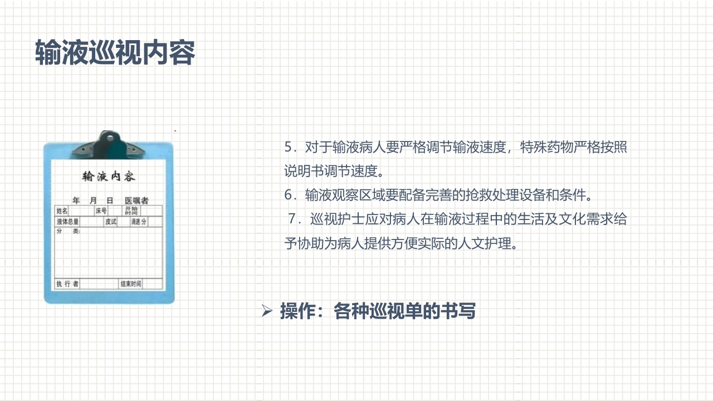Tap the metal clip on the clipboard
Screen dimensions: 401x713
coord(108,143)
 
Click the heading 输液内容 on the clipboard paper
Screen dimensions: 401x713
coord(109,177)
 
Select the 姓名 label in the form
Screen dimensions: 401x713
coord(62,211)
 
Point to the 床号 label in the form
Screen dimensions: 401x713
coord(101,211)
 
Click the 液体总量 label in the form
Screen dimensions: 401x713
coord(67,222)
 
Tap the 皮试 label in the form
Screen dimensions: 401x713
coord(111,222)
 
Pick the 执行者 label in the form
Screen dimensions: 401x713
coord(67,284)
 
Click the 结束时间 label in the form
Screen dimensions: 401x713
coord(131,284)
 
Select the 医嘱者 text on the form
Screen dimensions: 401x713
coord(136,200)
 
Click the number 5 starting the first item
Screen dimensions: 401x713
coord(288,147)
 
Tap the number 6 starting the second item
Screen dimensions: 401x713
coord(288,195)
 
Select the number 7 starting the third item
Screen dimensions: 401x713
coord(292,219)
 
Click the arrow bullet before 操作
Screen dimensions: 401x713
coord(266,311)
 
